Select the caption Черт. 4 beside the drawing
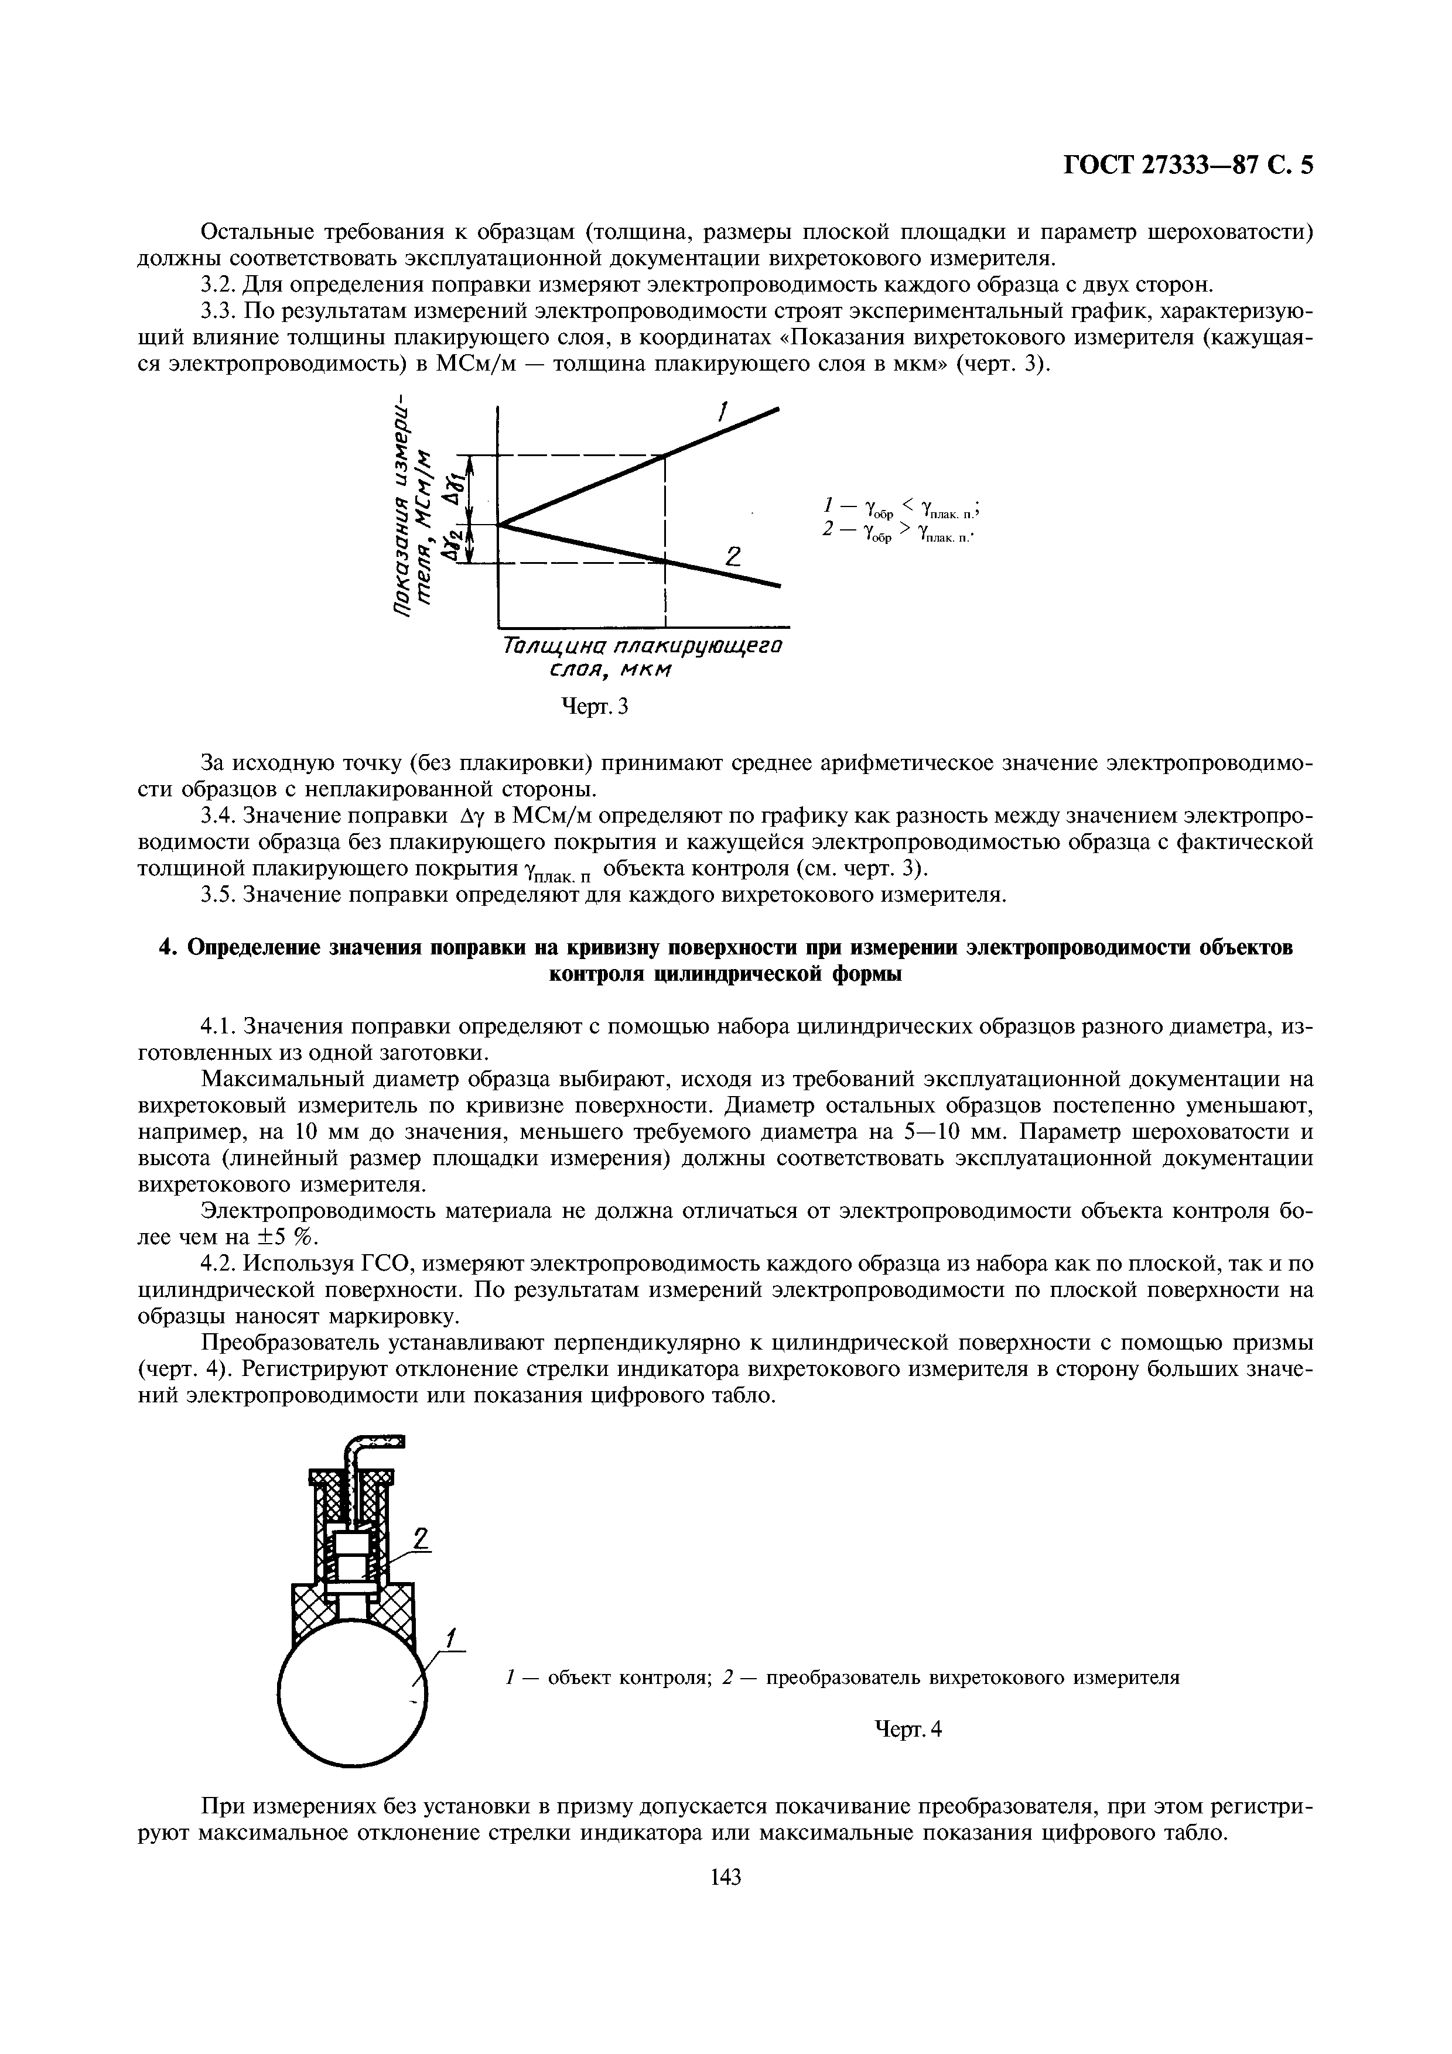click(908, 1729)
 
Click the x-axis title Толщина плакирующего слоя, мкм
click(643, 656)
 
